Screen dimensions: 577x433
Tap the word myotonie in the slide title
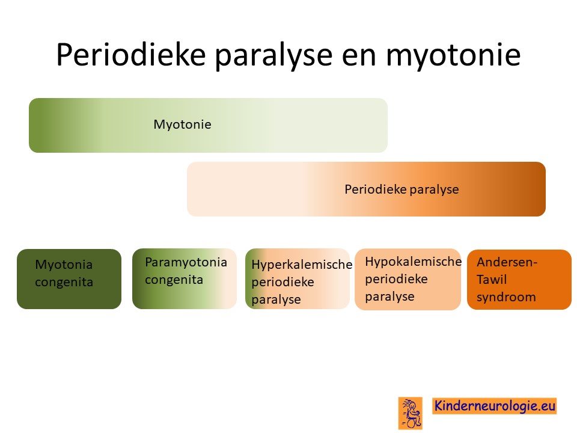click(453, 55)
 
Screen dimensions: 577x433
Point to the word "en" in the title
click(359, 58)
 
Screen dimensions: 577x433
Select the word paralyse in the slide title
click(274, 55)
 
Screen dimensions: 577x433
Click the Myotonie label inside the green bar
click(182, 124)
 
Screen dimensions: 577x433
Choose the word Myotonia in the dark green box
click(64, 265)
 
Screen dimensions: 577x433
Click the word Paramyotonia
click(186, 262)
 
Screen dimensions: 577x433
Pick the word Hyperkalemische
click(302, 265)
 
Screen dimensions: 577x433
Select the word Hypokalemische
click(414, 262)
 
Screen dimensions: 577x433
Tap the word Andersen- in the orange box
click(507, 262)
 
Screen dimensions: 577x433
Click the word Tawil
click(492, 280)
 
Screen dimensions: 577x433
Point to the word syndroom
click(506, 296)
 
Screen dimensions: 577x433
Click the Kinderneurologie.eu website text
click(495, 406)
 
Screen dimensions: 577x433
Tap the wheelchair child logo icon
click(410, 413)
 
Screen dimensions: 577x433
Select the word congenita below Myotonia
click(64, 282)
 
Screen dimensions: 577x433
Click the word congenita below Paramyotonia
click(174, 280)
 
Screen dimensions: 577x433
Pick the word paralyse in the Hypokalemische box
click(389, 296)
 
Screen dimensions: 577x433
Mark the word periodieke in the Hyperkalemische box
click(282, 282)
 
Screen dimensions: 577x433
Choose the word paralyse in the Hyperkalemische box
click(276, 299)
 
